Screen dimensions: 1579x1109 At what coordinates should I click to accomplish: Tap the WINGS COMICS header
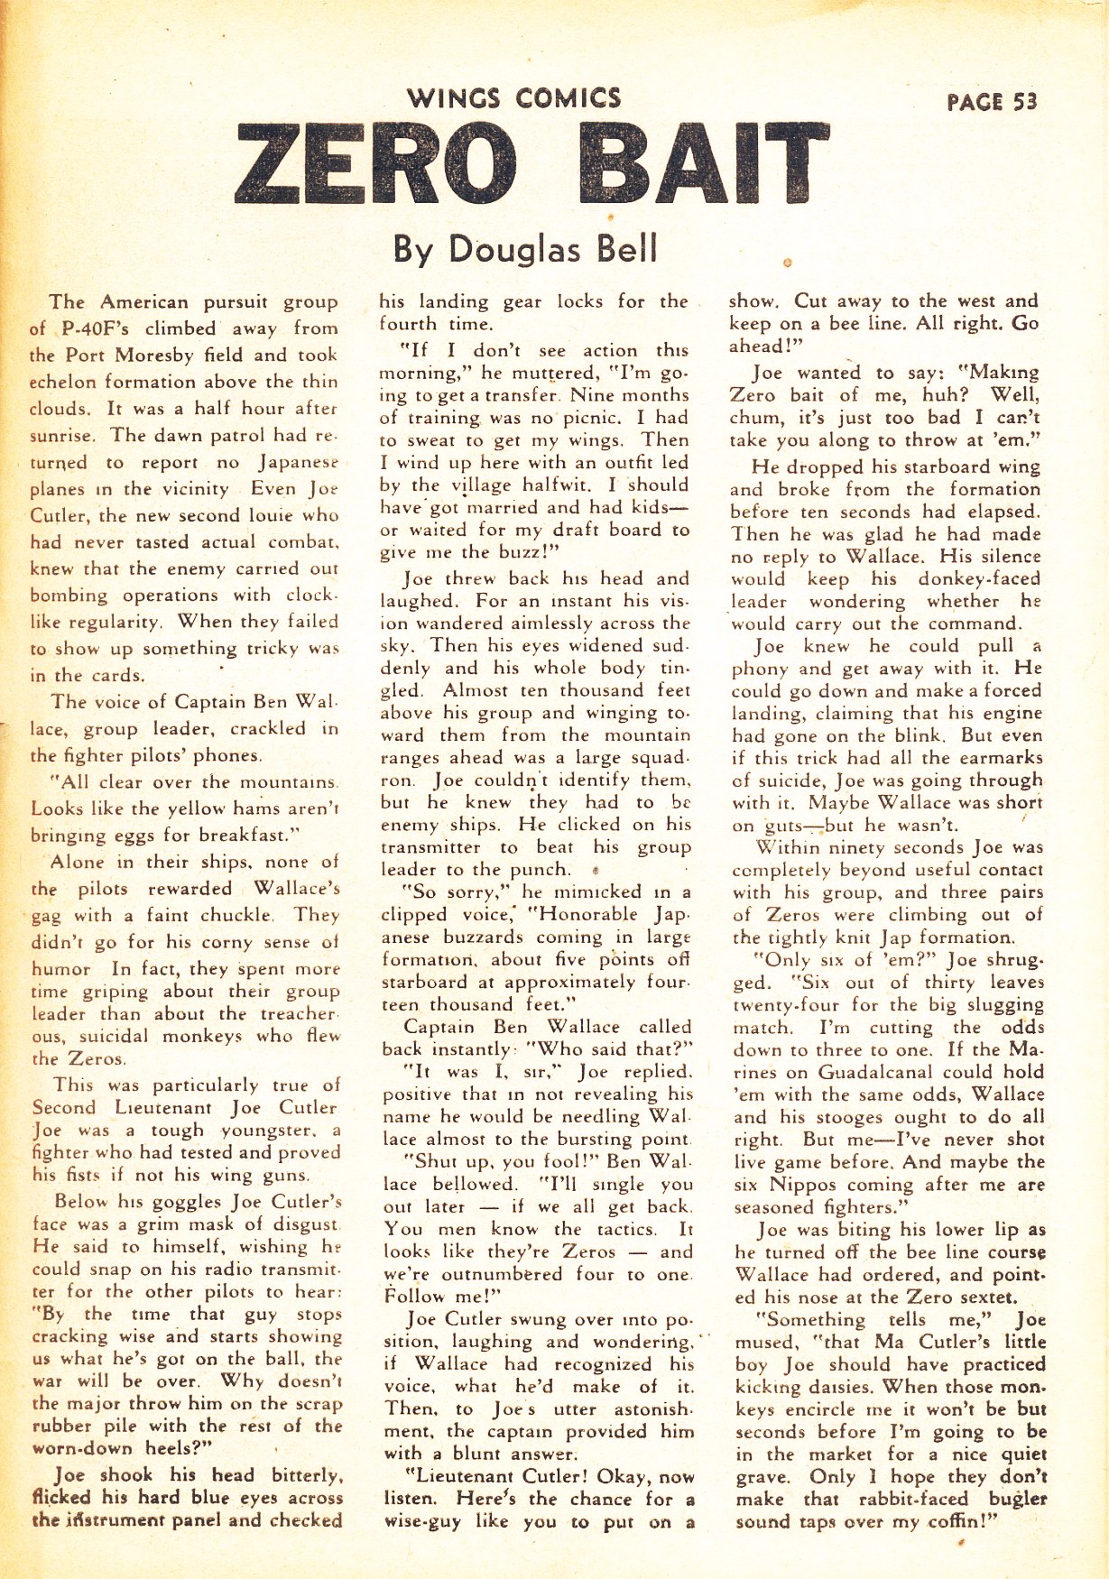click(513, 97)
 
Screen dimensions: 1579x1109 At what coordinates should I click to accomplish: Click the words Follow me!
click(442, 1297)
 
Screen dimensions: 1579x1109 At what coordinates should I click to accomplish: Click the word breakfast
click(234, 835)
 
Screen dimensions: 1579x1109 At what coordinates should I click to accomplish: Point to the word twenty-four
click(787, 1004)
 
